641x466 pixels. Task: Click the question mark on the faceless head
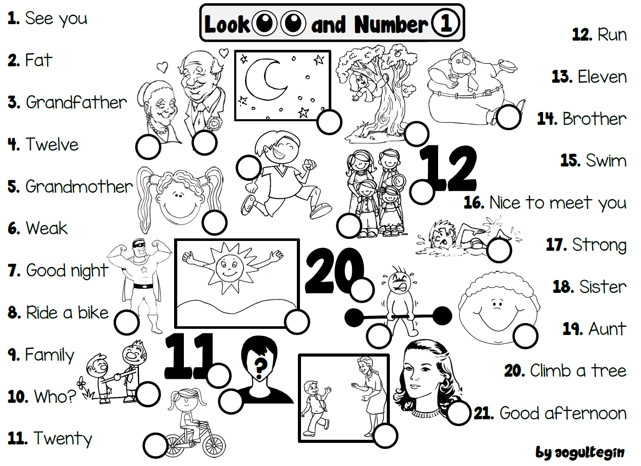tap(261, 366)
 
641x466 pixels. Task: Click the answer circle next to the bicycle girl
tap(155, 445)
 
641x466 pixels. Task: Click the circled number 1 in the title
tap(444, 24)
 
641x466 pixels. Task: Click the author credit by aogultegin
tap(580, 453)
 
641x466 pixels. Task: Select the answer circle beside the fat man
tap(508, 118)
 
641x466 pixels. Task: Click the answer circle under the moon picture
tap(329, 122)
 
